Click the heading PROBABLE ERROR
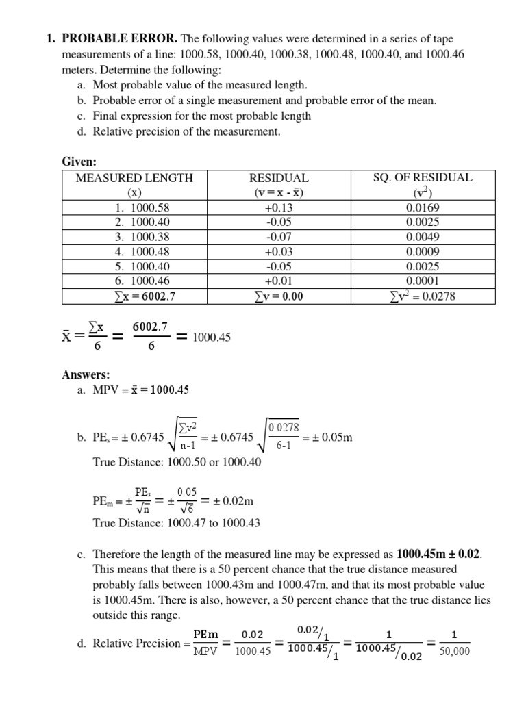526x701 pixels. click(x=130, y=39)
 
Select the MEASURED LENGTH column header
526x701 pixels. click(x=134, y=178)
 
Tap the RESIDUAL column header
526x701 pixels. click(x=279, y=178)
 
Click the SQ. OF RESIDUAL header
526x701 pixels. click(x=423, y=178)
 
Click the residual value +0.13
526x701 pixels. click(x=279, y=207)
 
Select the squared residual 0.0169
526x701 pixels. click(x=423, y=207)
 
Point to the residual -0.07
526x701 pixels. click(x=279, y=237)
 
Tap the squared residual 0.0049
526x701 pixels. click(x=423, y=237)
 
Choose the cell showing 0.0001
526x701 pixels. click(x=423, y=281)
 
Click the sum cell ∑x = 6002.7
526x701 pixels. click(x=134, y=296)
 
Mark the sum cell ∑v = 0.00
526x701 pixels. click(x=279, y=296)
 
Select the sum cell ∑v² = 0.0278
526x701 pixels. click(x=423, y=296)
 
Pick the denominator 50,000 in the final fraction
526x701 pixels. click(x=455, y=652)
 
